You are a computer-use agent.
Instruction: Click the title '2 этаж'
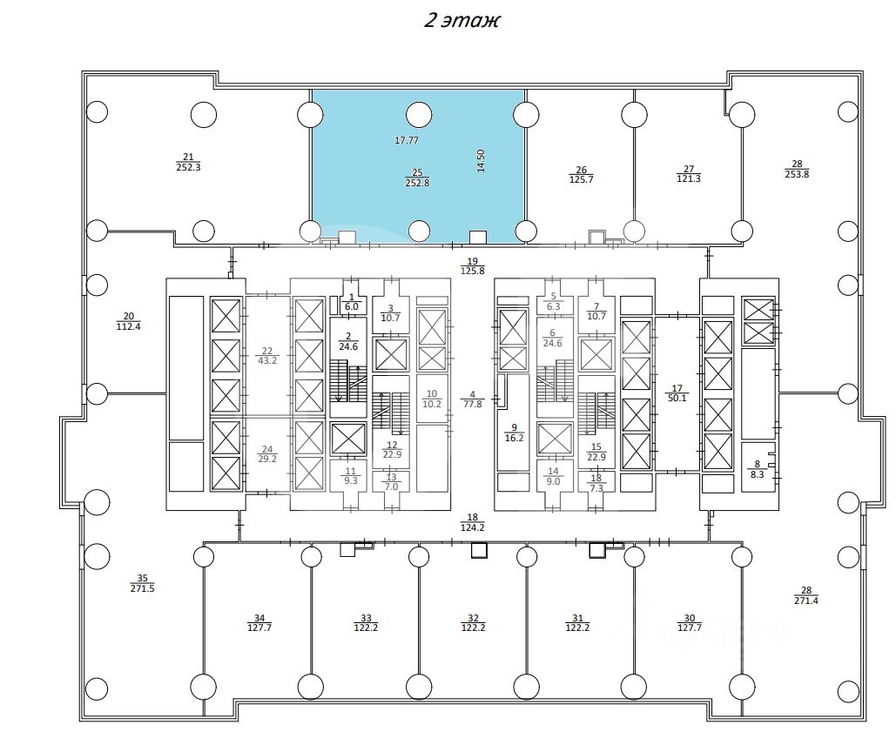click(461, 20)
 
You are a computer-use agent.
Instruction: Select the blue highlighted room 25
click(418, 165)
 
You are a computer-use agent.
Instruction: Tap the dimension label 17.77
click(407, 140)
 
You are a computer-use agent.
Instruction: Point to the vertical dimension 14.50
click(481, 160)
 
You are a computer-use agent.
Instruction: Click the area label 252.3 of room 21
click(189, 168)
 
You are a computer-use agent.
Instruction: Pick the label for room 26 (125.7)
click(581, 175)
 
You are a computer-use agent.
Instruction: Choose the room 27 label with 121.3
click(689, 174)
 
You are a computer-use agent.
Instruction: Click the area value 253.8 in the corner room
click(797, 175)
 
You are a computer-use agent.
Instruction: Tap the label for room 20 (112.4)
click(129, 322)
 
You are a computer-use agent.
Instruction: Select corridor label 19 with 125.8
click(473, 266)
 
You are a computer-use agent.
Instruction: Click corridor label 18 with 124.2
click(472, 523)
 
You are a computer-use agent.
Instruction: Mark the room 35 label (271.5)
click(142, 583)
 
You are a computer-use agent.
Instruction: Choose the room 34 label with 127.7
click(259, 622)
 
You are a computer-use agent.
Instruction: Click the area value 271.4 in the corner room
click(806, 600)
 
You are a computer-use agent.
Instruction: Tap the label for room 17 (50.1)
click(677, 393)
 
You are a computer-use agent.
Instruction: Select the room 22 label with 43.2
click(267, 356)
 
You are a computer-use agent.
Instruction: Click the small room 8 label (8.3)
click(758, 470)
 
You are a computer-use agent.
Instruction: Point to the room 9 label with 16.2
click(515, 433)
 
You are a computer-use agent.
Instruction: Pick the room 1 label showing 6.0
click(352, 302)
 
